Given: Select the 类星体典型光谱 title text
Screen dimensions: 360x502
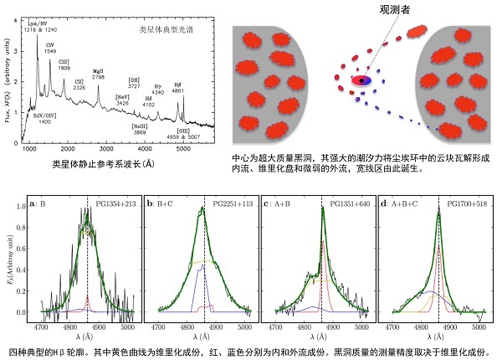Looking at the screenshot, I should click(164, 30).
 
